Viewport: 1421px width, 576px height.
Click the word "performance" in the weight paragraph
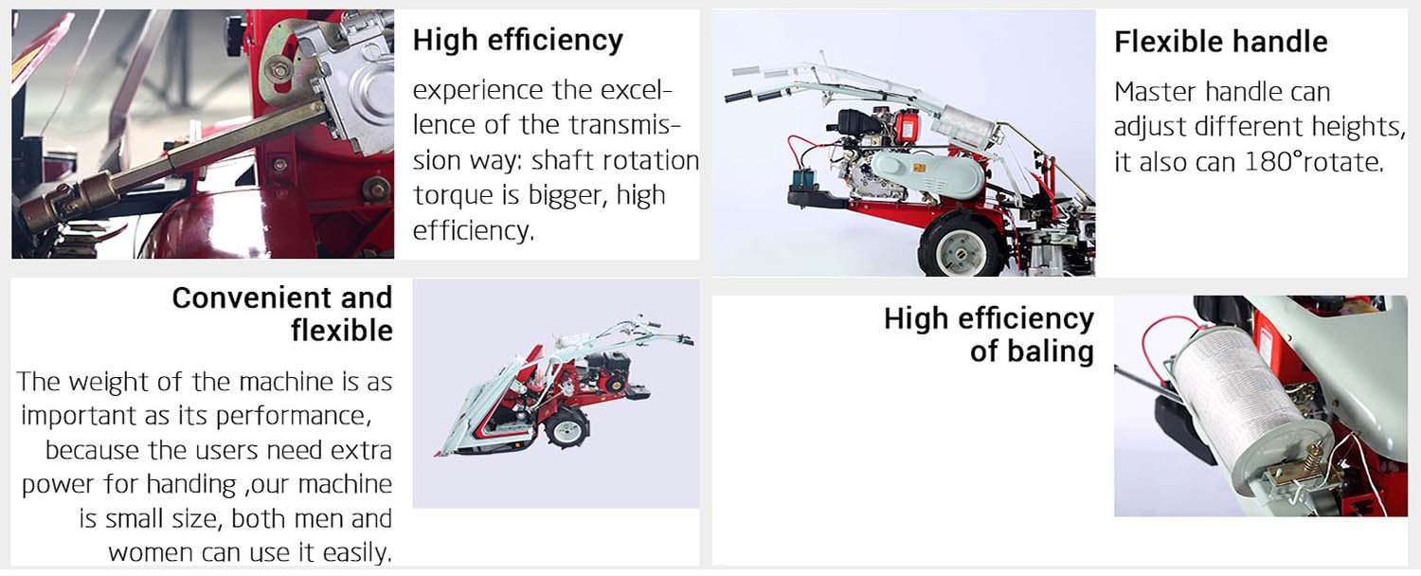[x=293, y=416]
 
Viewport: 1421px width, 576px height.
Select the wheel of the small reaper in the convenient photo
[x=567, y=428]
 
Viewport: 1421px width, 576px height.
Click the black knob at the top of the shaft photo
[x=235, y=27]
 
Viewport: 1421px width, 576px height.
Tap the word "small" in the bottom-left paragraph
[x=135, y=519]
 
